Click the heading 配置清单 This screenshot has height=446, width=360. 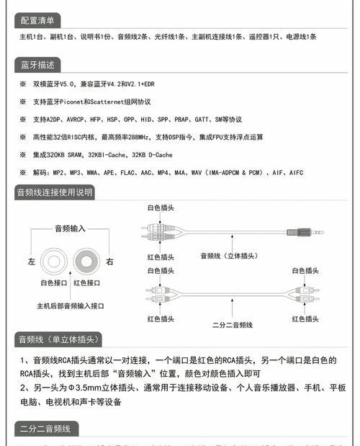(x=37, y=19)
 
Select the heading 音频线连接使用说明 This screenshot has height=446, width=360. (x=55, y=192)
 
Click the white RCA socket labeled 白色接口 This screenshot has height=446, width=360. (x=53, y=260)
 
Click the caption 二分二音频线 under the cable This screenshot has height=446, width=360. (x=233, y=325)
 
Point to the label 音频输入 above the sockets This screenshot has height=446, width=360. (x=70, y=228)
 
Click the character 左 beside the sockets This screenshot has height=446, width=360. (x=31, y=261)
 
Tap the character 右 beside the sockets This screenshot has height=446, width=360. (x=109, y=261)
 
